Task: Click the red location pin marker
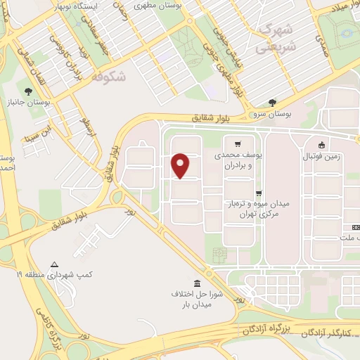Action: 181,165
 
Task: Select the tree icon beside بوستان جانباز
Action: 27,92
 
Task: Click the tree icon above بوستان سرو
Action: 272,103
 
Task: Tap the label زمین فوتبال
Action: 321,156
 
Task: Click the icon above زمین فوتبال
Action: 321,143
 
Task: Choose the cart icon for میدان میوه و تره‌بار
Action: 259,193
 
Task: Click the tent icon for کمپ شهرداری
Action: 54,264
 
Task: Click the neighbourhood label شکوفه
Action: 109,77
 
